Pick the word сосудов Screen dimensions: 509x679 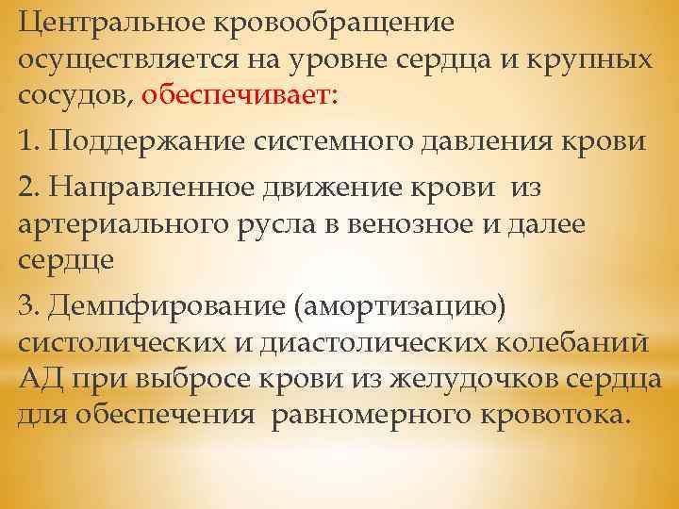75,92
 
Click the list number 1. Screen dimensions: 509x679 27,142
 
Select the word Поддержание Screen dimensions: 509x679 142,142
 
